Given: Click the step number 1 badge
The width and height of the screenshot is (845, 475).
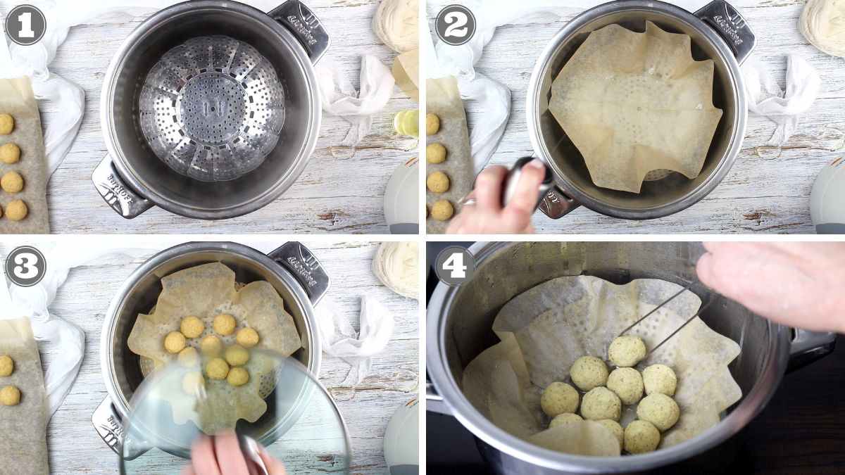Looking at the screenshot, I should coord(25,25).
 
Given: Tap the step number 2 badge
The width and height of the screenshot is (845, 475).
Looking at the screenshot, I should coord(456,25).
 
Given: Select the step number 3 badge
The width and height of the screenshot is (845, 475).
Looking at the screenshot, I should coord(25,266).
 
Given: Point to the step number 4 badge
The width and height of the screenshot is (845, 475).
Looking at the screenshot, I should coord(455,265).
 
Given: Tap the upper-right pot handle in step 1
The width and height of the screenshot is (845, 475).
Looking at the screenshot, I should coord(300,28).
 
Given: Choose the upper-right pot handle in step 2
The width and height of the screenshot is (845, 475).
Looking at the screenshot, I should coord(725,28).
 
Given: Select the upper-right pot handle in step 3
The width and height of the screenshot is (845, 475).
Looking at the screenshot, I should coord(300,271).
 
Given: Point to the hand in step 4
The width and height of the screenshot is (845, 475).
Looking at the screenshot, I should coord(775,281).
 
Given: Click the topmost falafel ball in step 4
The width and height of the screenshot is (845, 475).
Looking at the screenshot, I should coord(626,350).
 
